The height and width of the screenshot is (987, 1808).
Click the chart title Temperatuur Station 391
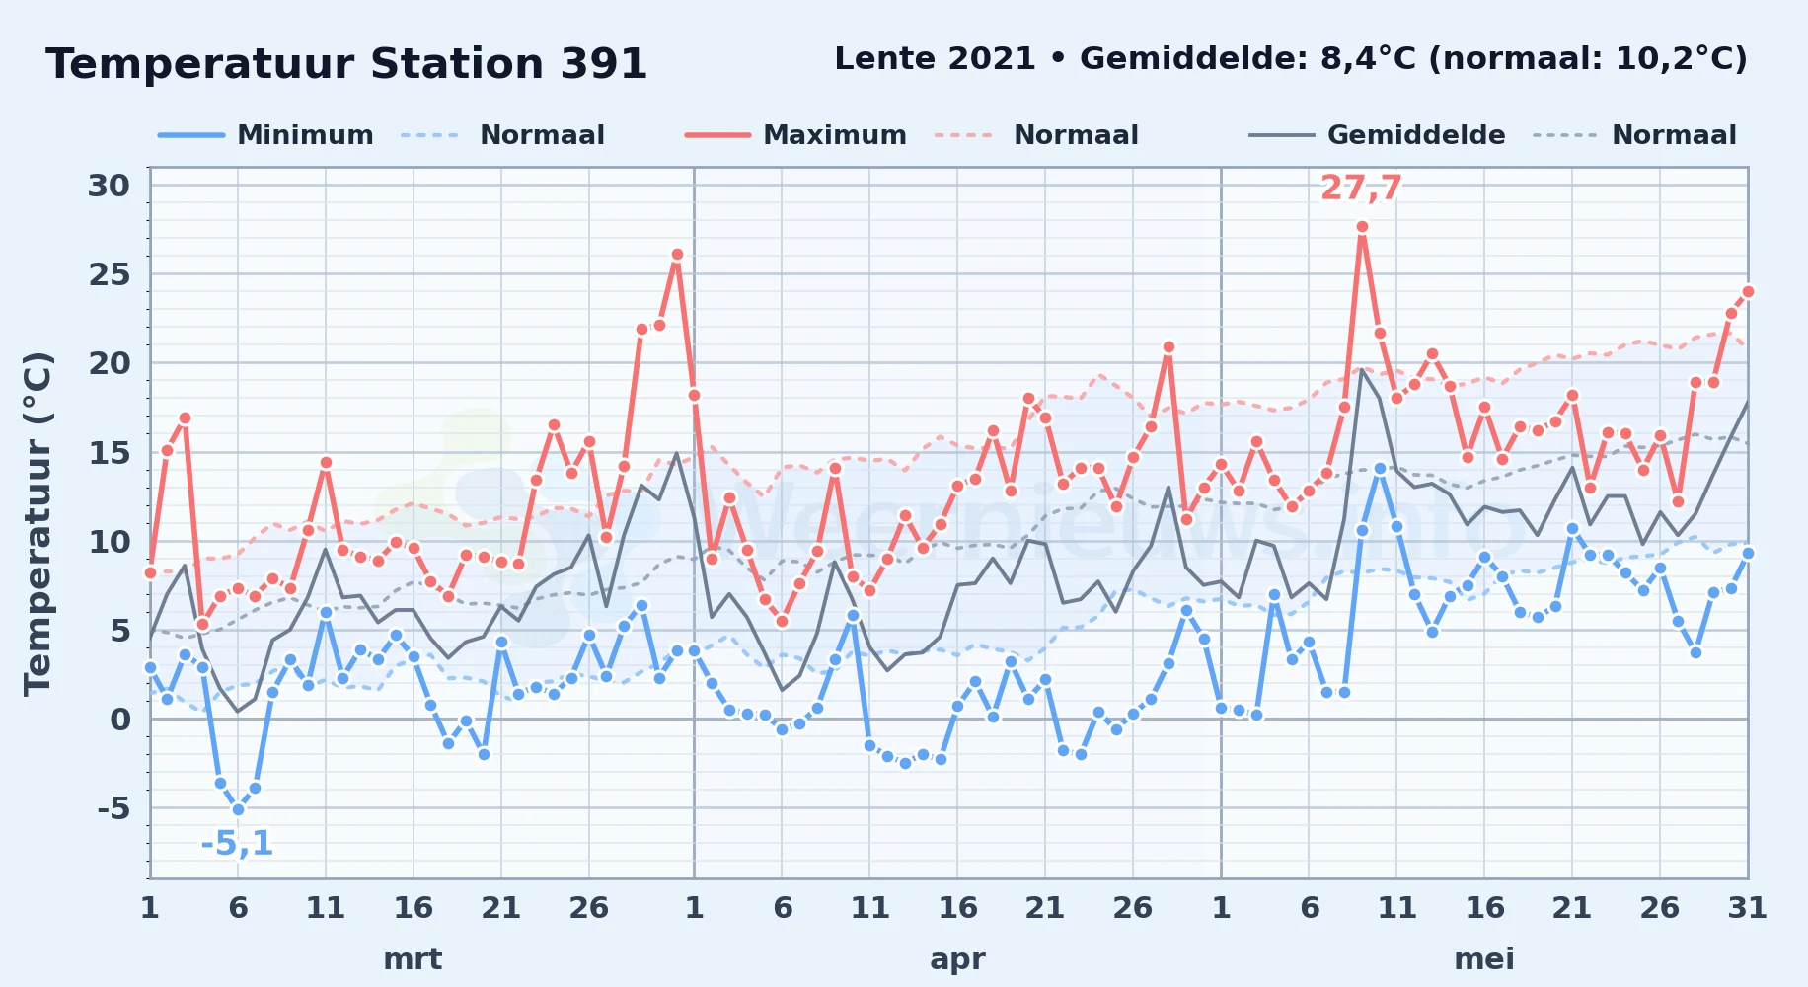click(x=346, y=64)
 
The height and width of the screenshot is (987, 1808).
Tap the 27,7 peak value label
click(x=1361, y=188)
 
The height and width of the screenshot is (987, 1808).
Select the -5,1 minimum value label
click(x=237, y=844)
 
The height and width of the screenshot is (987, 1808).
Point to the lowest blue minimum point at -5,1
click(x=238, y=809)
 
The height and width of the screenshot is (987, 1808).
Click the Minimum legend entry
click(x=265, y=135)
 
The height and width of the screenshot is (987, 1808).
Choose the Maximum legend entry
click(x=795, y=135)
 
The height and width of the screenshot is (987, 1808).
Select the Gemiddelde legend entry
click(x=1377, y=135)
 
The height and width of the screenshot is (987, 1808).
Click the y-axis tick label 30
click(x=109, y=186)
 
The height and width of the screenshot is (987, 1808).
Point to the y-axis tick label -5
click(x=113, y=808)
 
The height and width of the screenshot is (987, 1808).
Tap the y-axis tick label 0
click(x=120, y=720)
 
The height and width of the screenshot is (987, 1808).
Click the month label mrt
click(x=413, y=959)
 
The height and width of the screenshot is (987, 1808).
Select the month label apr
click(x=957, y=959)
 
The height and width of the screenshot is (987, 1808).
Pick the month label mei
click(x=1484, y=959)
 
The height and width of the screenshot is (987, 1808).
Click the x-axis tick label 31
click(x=1747, y=908)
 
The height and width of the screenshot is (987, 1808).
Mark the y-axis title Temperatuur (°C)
click(x=38, y=523)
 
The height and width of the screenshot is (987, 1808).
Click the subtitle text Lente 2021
click(x=935, y=59)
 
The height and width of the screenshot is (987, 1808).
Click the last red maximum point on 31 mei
click(x=1748, y=291)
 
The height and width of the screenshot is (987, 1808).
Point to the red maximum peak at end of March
click(x=677, y=255)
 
